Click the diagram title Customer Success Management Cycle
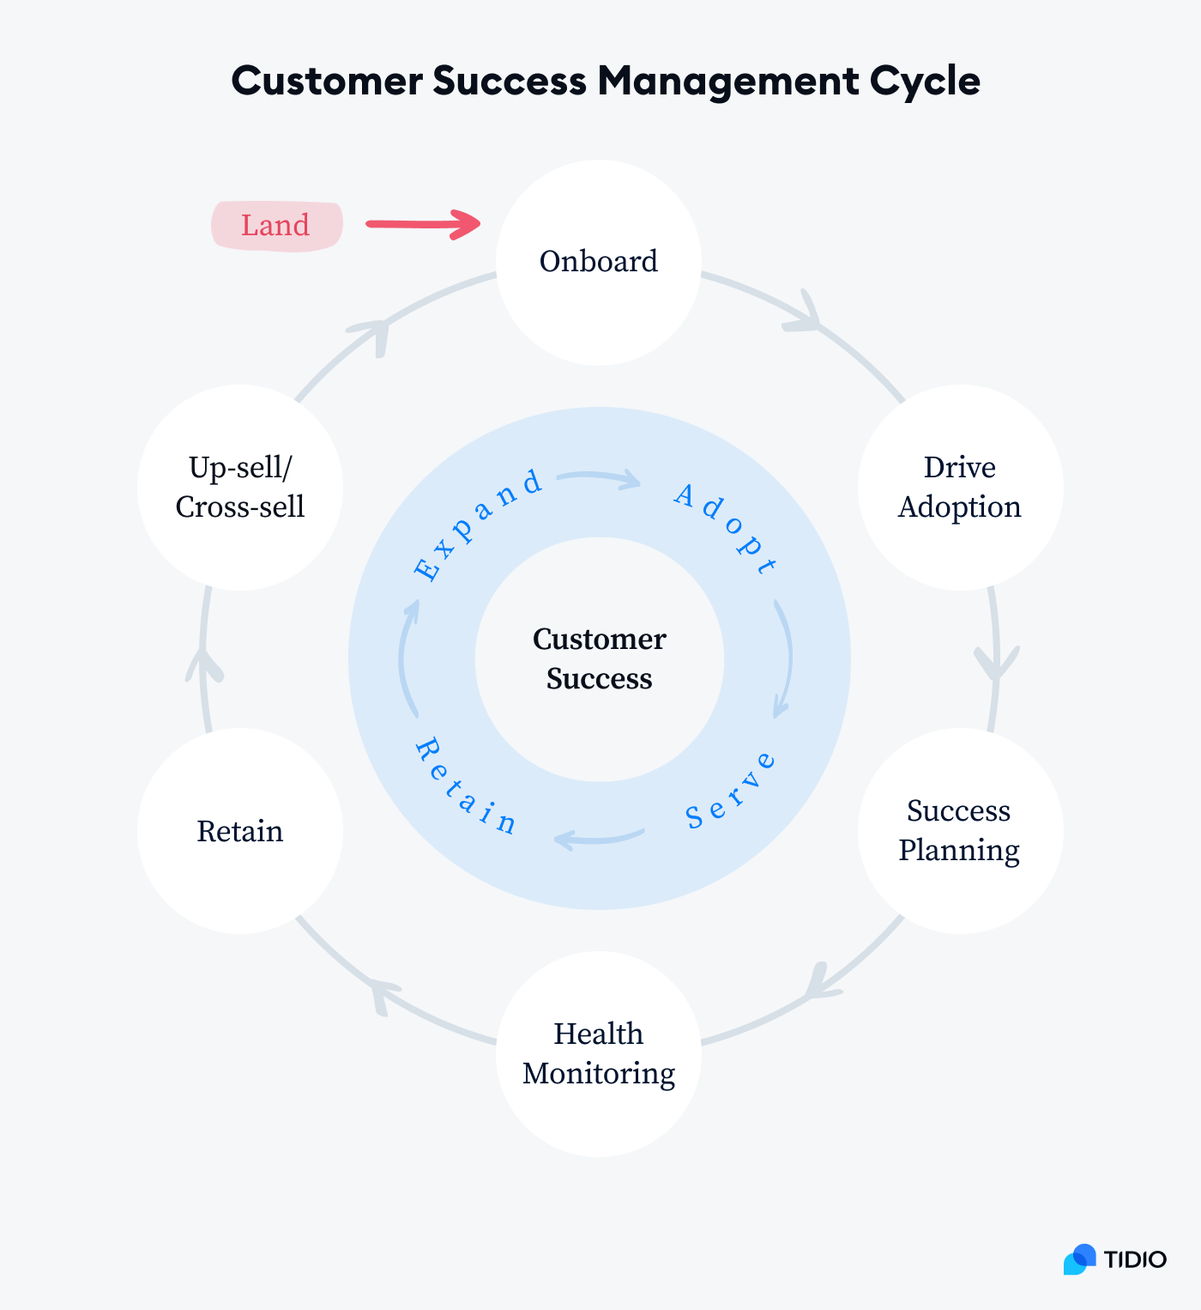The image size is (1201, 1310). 605,82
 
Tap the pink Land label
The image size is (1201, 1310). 276,226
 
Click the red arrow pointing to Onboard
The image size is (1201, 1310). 423,224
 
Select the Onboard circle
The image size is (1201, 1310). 599,262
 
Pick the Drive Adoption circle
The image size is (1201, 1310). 959,487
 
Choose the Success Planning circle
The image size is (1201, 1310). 959,830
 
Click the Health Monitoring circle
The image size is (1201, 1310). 599,1053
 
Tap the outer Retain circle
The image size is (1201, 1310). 240,831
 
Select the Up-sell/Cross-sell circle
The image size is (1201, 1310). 240,487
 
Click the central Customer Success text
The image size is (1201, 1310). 599,658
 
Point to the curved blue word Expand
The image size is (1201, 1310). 477,525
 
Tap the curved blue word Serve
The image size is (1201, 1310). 731,791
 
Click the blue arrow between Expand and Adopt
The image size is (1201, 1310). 599,478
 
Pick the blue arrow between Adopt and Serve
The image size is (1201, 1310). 784,658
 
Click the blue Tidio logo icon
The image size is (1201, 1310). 1080,1259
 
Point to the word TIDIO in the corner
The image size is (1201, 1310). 1135,1259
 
